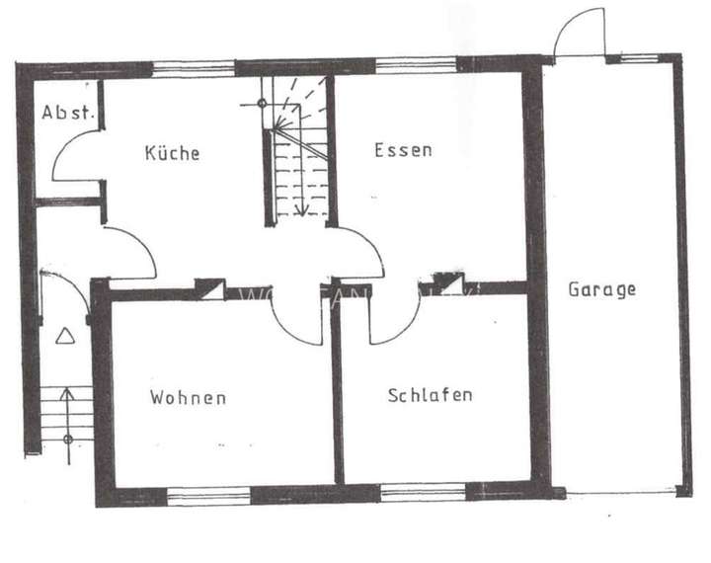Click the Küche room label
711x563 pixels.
[x=172, y=153]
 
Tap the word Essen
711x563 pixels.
[x=403, y=150]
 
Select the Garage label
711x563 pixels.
[x=601, y=289]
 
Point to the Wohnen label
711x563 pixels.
[x=188, y=398]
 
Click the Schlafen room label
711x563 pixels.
[x=430, y=395]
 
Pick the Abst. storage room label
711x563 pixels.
[x=67, y=112]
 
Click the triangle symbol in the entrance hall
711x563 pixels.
[x=65, y=336]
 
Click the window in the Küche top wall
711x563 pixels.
[x=194, y=68]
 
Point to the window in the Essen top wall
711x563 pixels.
[x=416, y=66]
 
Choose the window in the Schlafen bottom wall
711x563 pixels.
[x=423, y=492]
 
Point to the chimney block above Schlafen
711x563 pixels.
[x=450, y=283]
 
